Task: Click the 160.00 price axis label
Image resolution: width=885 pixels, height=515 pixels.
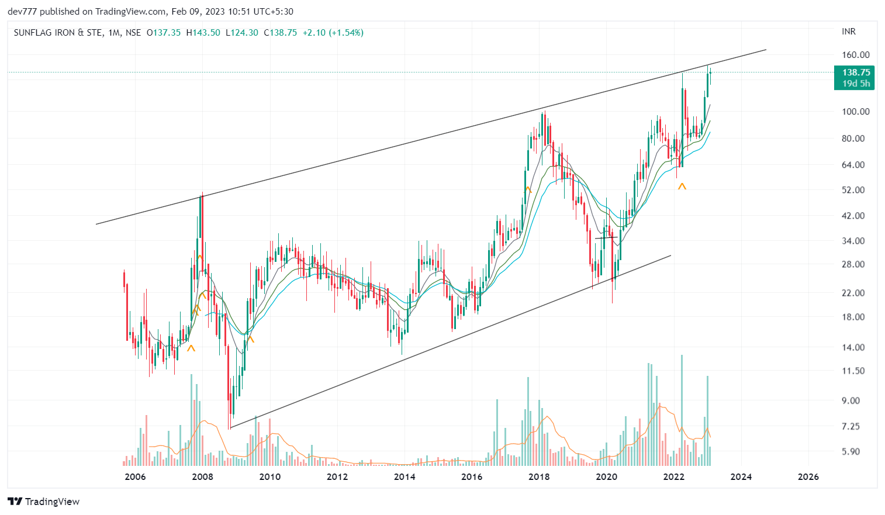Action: coord(855,55)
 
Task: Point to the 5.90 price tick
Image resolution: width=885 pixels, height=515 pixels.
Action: coord(851,451)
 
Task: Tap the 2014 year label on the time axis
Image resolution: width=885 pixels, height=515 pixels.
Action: coord(405,476)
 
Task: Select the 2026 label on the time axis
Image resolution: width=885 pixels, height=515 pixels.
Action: coord(808,476)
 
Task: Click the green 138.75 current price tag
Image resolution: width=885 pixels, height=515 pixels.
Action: coord(856,72)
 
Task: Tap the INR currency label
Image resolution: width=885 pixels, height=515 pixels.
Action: coord(849,32)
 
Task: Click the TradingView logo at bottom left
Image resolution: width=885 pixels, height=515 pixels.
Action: coord(44,502)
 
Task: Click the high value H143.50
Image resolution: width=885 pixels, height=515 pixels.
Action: coord(203,33)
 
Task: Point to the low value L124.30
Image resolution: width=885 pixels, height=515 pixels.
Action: coord(241,33)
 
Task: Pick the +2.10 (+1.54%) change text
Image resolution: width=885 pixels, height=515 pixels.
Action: coord(333,33)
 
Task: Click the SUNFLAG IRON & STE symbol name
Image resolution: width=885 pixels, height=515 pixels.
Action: coord(58,33)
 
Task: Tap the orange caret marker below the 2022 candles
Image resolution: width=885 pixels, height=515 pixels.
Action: coord(682,186)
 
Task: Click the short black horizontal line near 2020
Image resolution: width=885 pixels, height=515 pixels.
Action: coord(606,238)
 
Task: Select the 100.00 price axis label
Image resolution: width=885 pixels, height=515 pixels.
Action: coord(855,112)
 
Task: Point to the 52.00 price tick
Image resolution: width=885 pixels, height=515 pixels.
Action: coord(853,190)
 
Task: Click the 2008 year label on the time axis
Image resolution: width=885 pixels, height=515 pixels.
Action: coord(203,476)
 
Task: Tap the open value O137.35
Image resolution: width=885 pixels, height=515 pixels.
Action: coord(164,33)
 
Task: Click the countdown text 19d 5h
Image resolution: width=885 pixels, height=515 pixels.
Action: coord(856,84)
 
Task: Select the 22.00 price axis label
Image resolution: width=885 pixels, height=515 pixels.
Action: coord(853,293)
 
